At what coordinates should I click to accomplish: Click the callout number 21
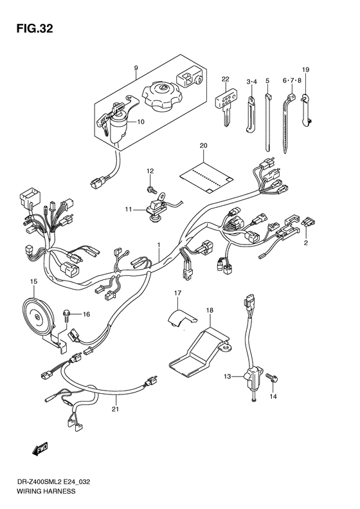[115, 409]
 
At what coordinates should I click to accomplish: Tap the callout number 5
[267, 81]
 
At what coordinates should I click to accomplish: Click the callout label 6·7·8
[292, 81]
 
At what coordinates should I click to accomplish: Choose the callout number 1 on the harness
[157, 245]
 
